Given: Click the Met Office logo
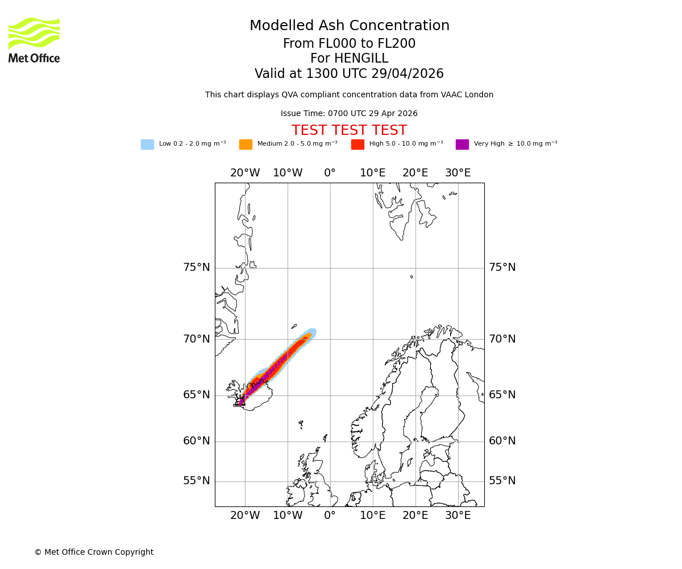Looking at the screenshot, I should point(34,40).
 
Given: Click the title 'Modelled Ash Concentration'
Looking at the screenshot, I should point(349,26).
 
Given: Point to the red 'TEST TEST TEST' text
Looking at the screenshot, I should point(349,131).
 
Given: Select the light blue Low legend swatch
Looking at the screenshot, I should point(147,145).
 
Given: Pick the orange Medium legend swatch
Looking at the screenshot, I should point(246,145).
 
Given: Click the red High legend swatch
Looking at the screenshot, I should point(357,145).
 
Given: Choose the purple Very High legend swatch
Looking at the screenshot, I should point(462,145).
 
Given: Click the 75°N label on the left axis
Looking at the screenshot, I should point(196,267).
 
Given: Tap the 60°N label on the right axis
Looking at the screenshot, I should point(502,441).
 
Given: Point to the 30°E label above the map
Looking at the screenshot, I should point(458,173).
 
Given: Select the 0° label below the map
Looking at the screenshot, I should point(330,516).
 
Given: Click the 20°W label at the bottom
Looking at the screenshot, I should point(245,516).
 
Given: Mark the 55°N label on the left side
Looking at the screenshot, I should point(196,481).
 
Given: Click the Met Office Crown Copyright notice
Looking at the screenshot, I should point(94,552).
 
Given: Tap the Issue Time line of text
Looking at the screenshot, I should point(349,114).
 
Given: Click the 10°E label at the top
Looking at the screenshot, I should point(372,173).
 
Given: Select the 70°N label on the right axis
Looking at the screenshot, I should point(502,339).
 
